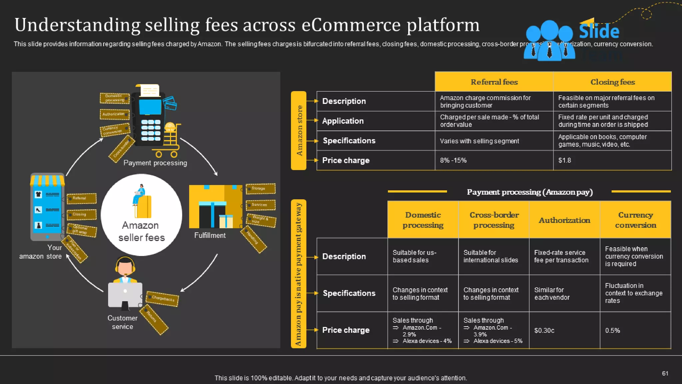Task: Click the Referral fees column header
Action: point(494,82)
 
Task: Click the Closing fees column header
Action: point(612,82)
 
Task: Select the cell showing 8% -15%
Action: point(494,160)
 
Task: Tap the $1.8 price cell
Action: point(612,160)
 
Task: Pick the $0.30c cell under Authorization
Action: point(564,330)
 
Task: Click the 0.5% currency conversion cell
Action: point(635,330)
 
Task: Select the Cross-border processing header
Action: point(494,220)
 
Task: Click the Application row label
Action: point(343,121)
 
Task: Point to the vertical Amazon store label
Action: point(299,131)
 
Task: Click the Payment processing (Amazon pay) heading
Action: point(529,192)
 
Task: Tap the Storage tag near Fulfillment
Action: point(260,189)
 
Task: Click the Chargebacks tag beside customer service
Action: point(163,298)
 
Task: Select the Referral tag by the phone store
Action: point(82,198)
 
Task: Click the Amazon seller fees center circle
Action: point(142,215)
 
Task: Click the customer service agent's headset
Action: point(125,264)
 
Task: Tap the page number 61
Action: point(665,373)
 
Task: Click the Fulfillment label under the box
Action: point(210,235)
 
